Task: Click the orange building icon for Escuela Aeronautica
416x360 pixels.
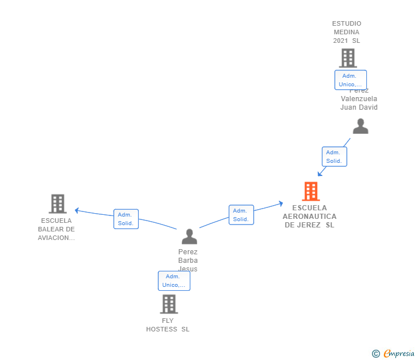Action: click(x=310, y=191)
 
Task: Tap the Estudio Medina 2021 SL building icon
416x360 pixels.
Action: click(x=347, y=58)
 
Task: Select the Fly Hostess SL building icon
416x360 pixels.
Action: click(x=169, y=304)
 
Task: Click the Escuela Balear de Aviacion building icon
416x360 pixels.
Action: click(x=57, y=203)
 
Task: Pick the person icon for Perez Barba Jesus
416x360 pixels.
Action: click(x=189, y=236)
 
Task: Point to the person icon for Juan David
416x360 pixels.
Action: click(x=360, y=126)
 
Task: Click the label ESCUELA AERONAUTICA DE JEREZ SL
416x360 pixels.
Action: click(x=310, y=217)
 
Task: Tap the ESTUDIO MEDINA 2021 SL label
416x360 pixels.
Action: click(x=347, y=32)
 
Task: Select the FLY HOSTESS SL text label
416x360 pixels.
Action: click(x=167, y=325)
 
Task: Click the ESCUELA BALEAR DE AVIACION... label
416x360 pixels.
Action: click(x=57, y=229)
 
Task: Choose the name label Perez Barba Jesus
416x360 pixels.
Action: click(x=188, y=260)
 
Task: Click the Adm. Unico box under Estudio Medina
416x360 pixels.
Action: click(x=350, y=80)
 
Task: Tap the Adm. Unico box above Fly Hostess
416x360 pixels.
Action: click(x=174, y=281)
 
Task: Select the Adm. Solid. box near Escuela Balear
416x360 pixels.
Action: click(x=126, y=219)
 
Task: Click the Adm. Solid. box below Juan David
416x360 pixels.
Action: click(x=334, y=157)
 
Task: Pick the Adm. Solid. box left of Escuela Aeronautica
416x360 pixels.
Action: click(x=241, y=215)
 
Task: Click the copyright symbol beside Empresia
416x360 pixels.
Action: click(x=376, y=354)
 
